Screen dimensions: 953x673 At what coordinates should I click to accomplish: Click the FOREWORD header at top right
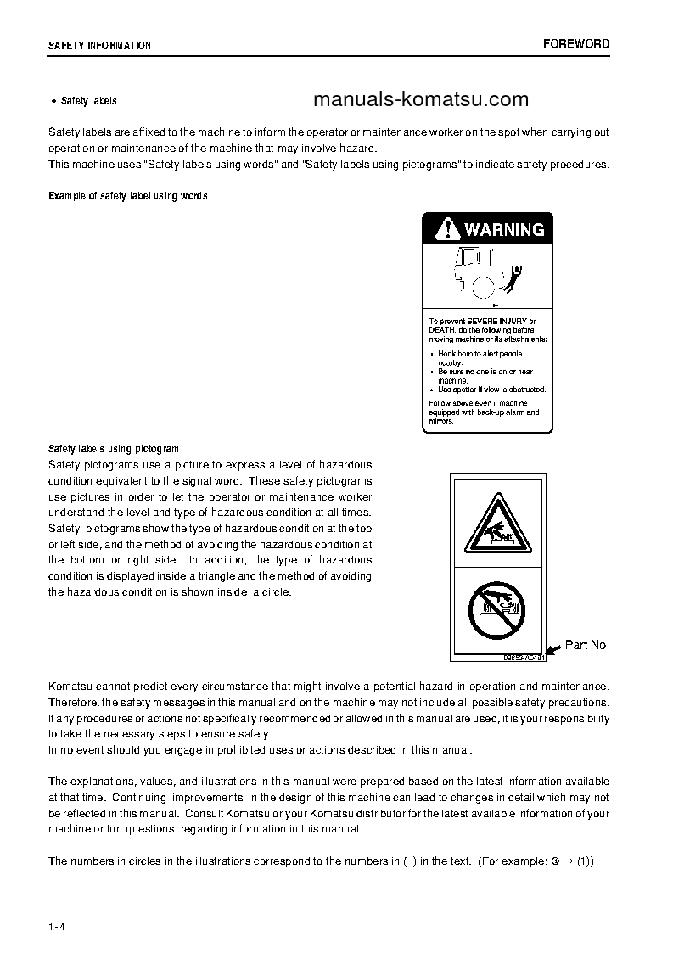coord(576,44)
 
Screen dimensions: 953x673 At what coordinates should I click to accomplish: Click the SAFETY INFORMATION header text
coord(99,46)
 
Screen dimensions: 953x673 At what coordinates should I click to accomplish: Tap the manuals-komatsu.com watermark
coord(421,100)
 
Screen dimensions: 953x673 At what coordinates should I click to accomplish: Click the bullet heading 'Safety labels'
coord(88,101)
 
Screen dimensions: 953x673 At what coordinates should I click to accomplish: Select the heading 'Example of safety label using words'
coord(128,196)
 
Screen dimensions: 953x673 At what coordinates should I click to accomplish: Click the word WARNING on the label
coord(504,229)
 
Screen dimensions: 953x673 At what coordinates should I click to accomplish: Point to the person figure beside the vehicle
coord(515,275)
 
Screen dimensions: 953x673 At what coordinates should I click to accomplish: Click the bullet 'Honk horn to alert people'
coord(480,354)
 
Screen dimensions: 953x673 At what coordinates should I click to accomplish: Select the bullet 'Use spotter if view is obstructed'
coord(491,390)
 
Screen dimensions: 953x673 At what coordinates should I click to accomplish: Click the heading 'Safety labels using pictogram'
coord(114,448)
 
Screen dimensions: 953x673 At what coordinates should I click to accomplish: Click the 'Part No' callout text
coord(586,645)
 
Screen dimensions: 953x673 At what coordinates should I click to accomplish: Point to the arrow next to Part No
coord(552,649)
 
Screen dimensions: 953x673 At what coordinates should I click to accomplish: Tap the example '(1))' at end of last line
coord(585,861)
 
